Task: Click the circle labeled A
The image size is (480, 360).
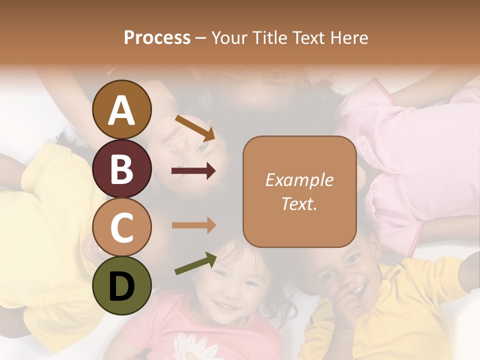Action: click(x=121, y=109)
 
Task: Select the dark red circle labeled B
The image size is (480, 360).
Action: click(x=121, y=169)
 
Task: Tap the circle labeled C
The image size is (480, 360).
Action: click(x=121, y=227)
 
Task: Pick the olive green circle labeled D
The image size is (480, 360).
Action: click(x=121, y=285)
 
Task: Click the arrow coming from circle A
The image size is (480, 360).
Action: click(x=194, y=127)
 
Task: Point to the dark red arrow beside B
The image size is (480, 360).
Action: click(x=193, y=171)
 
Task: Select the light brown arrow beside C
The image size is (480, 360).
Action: click(x=193, y=225)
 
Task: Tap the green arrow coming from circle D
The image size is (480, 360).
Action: click(x=195, y=263)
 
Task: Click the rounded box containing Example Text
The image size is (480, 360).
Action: click(x=299, y=192)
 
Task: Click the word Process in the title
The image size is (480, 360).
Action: click(x=157, y=37)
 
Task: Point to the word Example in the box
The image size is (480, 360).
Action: click(x=299, y=180)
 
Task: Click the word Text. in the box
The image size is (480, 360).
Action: click(x=299, y=203)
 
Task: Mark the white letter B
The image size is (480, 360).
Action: click(x=121, y=169)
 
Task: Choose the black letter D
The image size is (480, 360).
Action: click(x=121, y=286)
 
